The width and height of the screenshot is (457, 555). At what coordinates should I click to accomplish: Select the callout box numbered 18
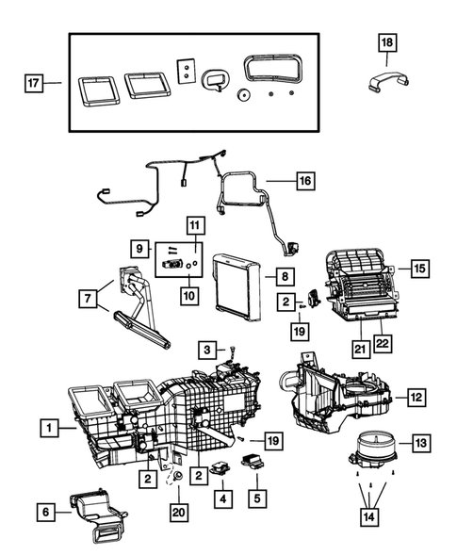pos(388,42)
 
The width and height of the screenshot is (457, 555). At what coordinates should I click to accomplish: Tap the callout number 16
pos(303,179)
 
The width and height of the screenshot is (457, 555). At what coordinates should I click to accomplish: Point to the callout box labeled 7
pos(88,299)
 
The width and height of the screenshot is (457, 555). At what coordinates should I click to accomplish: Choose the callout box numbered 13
pos(420,442)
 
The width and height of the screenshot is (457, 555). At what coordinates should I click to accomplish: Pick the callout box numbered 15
pos(419,269)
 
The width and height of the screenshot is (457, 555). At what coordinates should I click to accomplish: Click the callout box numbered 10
pos(190,295)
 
